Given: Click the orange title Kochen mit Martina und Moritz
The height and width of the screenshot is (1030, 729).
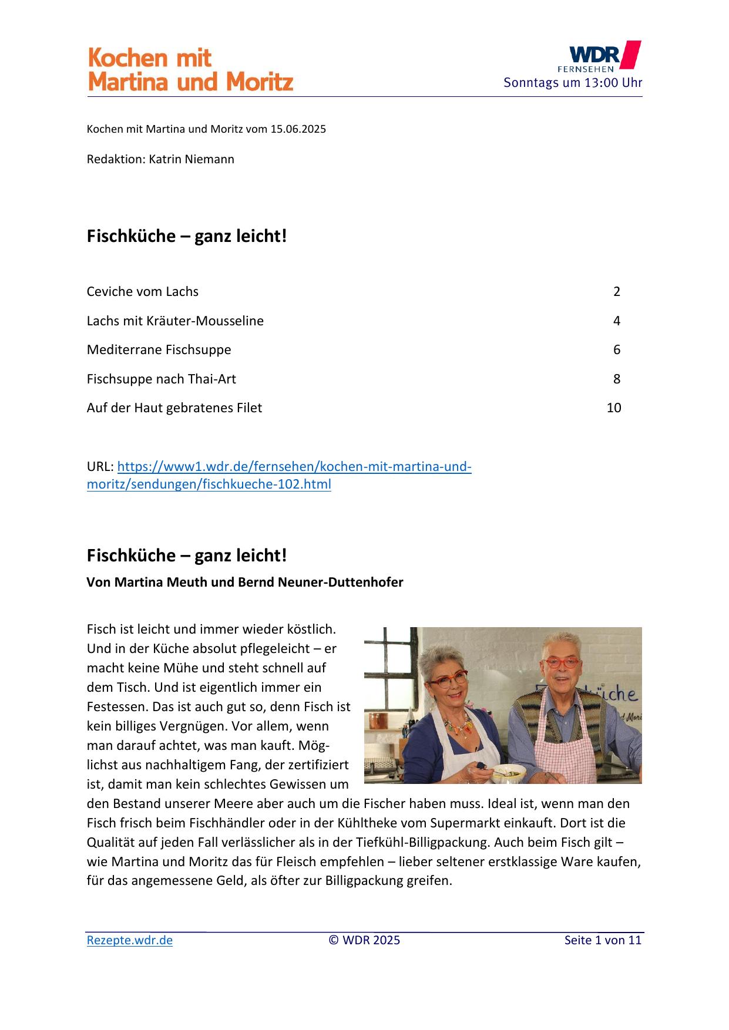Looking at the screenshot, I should click(190, 70).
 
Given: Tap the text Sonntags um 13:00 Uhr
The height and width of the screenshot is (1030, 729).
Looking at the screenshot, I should click(572, 83).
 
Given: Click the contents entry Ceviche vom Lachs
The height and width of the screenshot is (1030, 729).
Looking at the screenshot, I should click(143, 291).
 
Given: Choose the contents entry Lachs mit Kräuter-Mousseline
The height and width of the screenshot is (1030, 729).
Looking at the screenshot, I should click(175, 321).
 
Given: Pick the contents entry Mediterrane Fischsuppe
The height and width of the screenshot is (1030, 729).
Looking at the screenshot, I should click(159, 349).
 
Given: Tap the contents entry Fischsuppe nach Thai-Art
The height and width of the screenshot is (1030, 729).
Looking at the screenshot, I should click(161, 379).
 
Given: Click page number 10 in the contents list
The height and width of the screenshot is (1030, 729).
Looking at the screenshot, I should click(613, 408).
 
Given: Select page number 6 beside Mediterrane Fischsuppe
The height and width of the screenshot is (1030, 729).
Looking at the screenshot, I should click(616, 349).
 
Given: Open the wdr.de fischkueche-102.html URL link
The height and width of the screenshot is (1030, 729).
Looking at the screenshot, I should click(279, 475).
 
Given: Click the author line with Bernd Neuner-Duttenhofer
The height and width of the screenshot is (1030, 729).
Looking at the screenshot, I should click(245, 583).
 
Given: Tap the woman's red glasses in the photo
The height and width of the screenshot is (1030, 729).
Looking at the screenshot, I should click(448, 680).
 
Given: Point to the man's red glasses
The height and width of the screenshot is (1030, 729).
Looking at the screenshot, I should click(562, 664).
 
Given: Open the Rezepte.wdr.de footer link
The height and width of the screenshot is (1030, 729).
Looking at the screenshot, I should click(130, 940).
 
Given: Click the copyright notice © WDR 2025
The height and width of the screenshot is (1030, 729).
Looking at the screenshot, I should click(364, 940).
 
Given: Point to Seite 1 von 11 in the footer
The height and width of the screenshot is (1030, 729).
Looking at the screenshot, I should click(603, 940).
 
